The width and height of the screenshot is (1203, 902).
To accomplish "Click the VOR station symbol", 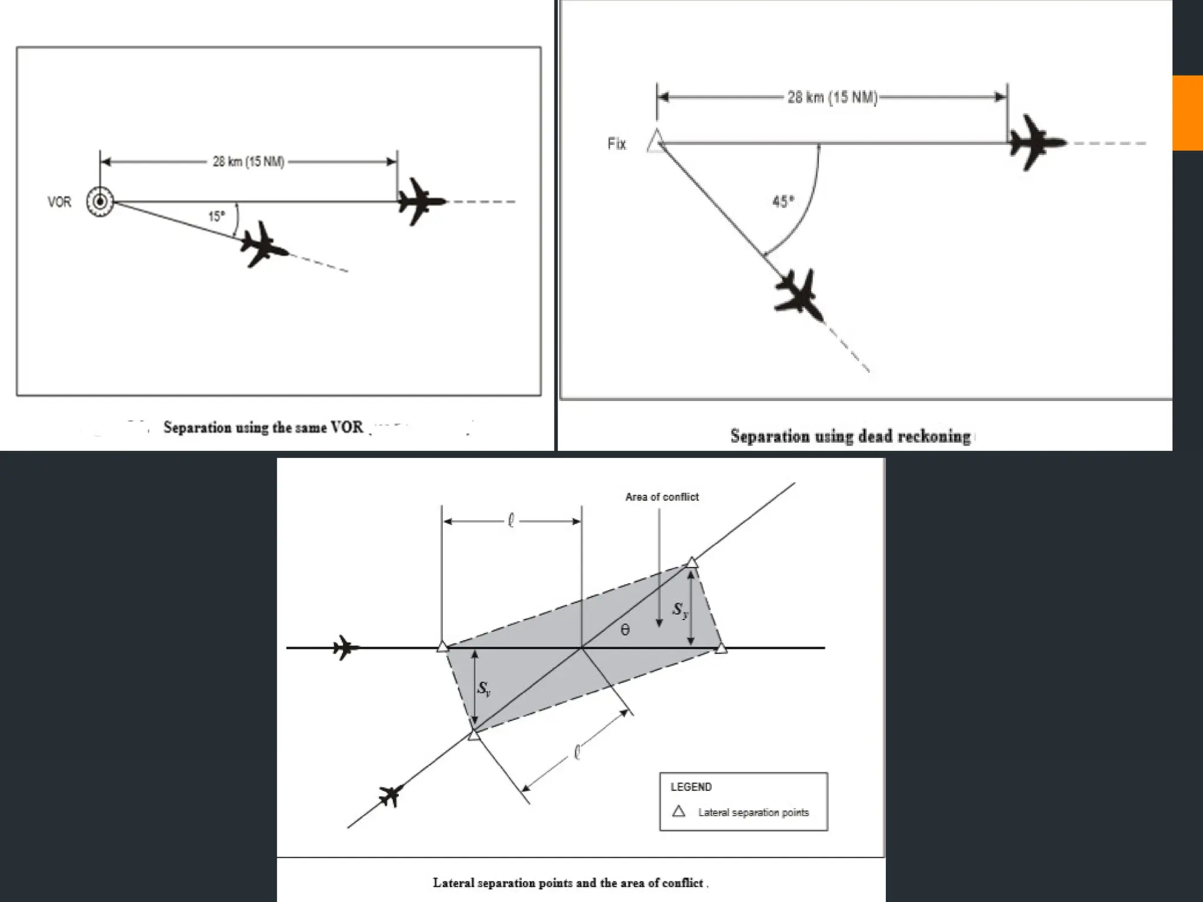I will pyautogui.click(x=100, y=201).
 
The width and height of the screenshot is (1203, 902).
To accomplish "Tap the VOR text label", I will pyautogui.click(x=59, y=202).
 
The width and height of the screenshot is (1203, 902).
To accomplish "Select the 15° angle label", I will pyautogui.click(x=216, y=216).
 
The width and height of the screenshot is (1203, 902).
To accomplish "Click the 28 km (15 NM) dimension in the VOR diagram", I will pyautogui.click(x=248, y=161).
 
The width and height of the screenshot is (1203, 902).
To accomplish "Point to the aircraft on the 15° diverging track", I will pyautogui.click(x=263, y=245).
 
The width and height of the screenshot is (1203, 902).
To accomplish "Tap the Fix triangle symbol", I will pyautogui.click(x=656, y=142).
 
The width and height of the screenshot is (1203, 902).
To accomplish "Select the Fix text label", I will pyautogui.click(x=617, y=144).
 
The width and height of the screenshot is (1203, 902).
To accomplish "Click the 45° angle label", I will pyautogui.click(x=783, y=202).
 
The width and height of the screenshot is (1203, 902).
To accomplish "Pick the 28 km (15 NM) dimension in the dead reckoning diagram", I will pyautogui.click(x=832, y=97).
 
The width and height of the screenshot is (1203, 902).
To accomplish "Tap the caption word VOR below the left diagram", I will pyautogui.click(x=347, y=427).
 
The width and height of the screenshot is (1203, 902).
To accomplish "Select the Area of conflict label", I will pyautogui.click(x=662, y=497).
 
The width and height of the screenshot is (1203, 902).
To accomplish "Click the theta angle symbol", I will pyautogui.click(x=625, y=630).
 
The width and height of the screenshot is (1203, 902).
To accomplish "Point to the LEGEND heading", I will pyautogui.click(x=691, y=787).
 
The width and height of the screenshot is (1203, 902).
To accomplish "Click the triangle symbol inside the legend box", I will pyautogui.click(x=678, y=812).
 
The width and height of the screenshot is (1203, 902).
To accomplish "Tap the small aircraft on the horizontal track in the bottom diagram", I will pyautogui.click(x=345, y=647).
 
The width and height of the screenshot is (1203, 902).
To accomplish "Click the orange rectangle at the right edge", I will pyautogui.click(x=1187, y=113).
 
